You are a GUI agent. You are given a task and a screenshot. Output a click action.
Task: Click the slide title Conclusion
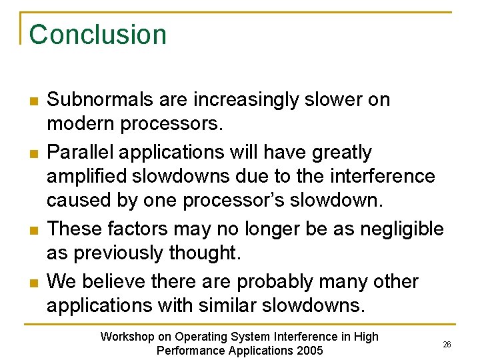coord(98,35)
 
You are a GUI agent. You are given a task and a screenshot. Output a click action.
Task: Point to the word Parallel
coord(79,152)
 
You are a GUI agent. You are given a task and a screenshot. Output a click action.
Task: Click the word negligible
coord(401,229)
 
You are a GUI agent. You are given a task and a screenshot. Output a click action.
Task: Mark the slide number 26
coord(447,344)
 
